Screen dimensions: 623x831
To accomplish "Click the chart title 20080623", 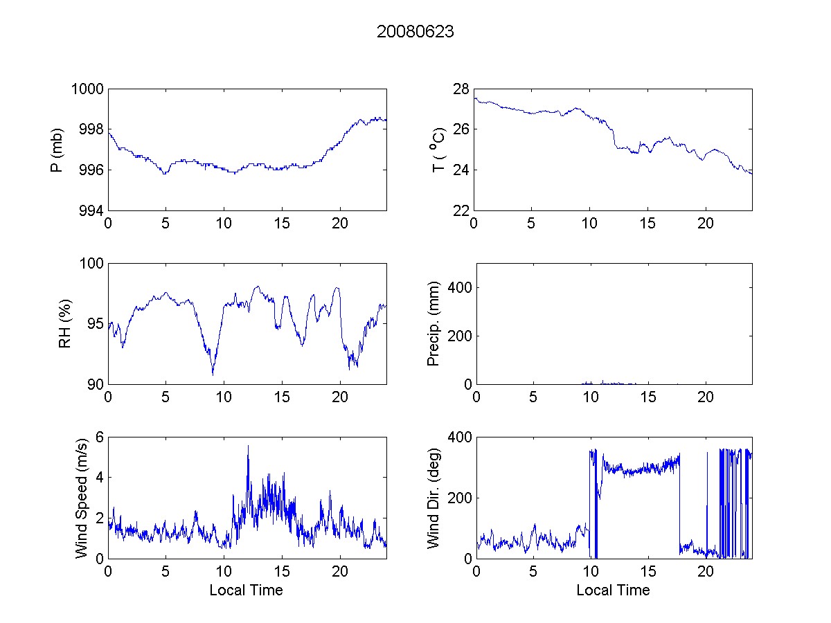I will (x=415, y=32).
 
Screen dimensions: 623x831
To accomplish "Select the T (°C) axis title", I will (x=438, y=150).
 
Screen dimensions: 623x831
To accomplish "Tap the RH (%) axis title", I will (x=65, y=324).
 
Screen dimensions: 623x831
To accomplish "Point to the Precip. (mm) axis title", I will (x=434, y=324).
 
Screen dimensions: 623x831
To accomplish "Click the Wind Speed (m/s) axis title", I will (x=82, y=497).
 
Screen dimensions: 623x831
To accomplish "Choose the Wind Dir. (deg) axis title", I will (x=434, y=497).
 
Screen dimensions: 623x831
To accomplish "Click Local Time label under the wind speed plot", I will (x=246, y=590).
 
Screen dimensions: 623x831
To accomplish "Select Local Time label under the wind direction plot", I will (x=613, y=590).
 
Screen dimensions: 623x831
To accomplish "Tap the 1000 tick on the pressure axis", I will (x=87, y=89).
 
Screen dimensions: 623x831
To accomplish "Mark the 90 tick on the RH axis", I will (x=96, y=384).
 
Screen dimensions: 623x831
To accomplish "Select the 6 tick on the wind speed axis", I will (x=100, y=437).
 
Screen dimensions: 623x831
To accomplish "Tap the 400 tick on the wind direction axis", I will (x=458, y=437).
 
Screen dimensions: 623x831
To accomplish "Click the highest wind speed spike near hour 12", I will (x=248, y=446).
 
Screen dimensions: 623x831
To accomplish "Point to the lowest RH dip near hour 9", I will (x=213, y=374).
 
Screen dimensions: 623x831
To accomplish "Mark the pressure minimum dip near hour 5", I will (x=165, y=174).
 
